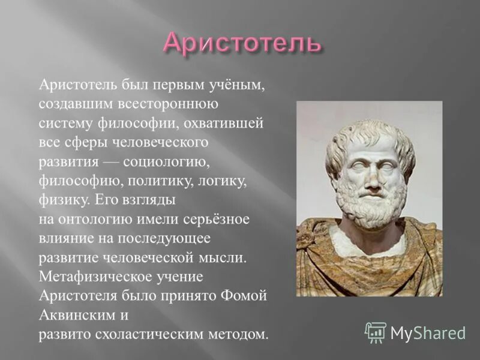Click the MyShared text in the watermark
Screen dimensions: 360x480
[428, 332]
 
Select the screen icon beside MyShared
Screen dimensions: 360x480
[376, 332]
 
